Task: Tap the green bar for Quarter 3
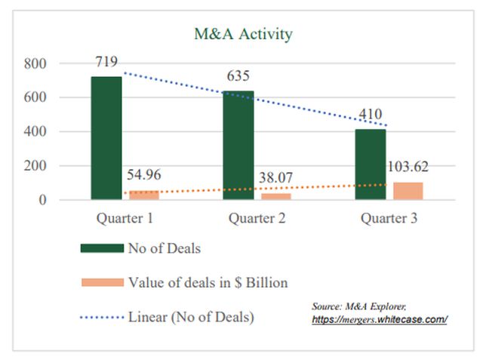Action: pyautogui.click(x=371, y=165)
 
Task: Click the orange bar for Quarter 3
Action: pyautogui.click(x=408, y=191)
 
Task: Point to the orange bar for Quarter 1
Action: pyautogui.click(x=143, y=195)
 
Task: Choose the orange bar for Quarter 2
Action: pyautogui.click(x=275, y=196)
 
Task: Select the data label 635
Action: pyautogui.click(x=238, y=76)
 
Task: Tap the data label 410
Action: pyautogui.click(x=371, y=115)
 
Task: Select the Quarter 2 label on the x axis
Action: pyautogui.click(x=257, y=219)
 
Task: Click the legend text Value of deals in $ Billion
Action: pyautogui.click(x=208, y=282)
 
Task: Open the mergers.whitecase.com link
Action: pyautogui.click(x=380, y=319)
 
